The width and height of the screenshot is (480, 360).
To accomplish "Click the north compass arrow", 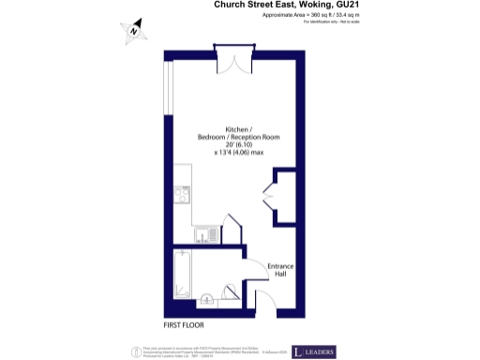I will tap(134, 31).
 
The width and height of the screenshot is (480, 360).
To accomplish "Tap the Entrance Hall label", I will tap(280, 270).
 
